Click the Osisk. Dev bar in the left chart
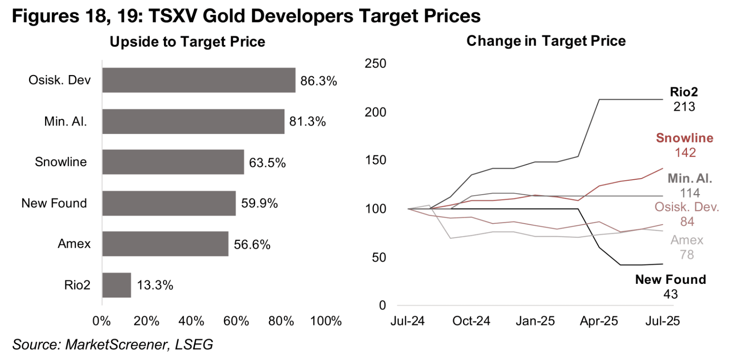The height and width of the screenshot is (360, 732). point(199,80)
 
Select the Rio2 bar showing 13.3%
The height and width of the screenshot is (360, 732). point(116,285)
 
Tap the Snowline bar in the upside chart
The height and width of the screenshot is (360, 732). point(173,162)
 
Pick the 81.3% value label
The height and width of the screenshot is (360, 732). point(307,122)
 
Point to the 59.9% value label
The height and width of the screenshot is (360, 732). point(259,203)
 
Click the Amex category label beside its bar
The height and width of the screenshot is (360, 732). point(74,244)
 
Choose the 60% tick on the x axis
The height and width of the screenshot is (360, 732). point(236,321)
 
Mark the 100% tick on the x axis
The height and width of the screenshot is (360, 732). point(326,321)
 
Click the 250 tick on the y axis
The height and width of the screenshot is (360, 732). point(375,63)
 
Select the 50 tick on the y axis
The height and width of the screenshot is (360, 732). point(379,257)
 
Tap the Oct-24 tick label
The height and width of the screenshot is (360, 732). point(471,321)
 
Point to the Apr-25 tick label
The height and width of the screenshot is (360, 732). point(599,321)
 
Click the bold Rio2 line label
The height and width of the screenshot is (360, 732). point(684,92)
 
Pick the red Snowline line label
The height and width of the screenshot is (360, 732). point(684,138)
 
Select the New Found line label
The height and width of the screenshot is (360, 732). point(670,279)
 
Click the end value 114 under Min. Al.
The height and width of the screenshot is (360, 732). point(690,193)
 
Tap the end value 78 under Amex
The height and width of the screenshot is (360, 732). point(687,255)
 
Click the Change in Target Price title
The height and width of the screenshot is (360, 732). point(546,41)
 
